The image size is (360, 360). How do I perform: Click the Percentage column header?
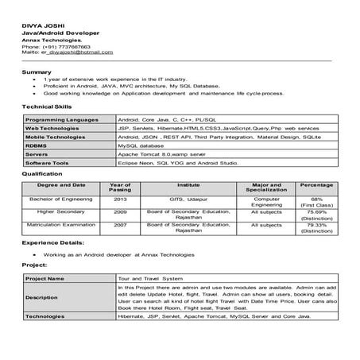click(316, 184)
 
